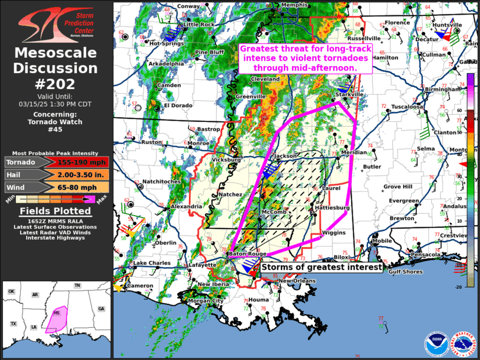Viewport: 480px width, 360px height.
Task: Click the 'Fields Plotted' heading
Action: (56, 211)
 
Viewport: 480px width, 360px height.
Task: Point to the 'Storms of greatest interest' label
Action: (322, 267)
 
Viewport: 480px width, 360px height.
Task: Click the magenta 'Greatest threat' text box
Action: (304, 59)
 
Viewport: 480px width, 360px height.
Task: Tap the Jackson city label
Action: (286, 156)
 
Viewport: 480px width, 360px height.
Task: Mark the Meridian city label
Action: (353, 153)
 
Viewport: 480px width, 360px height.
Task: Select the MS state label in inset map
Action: (57, 312)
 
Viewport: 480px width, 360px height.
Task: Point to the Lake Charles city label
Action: (148, 263)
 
